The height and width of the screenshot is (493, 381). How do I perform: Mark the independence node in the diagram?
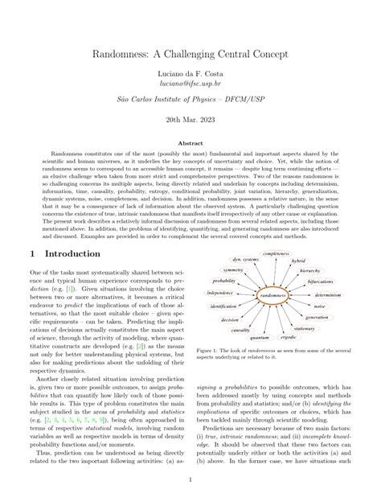pyautogui.click(x=220, y=293)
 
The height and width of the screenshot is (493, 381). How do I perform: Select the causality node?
pyautogui.click(x=240, y=330)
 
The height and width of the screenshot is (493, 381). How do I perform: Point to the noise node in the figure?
pyautogui.click(x=320, y=306)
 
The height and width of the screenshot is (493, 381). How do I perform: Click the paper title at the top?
pyautogui.click(x=190, y=60)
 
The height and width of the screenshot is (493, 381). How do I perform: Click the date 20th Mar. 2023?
pyautogui.click(x=190, y=140)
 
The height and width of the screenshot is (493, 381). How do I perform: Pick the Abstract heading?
pyautogui.click(x=190, y=164)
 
